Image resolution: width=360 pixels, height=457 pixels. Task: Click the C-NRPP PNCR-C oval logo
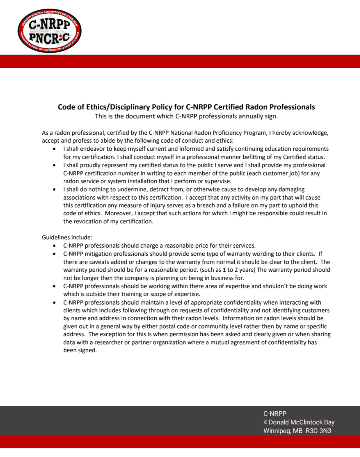[49, 31]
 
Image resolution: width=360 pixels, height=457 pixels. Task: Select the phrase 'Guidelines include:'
[67, 237]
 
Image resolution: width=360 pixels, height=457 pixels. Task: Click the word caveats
[97, 262]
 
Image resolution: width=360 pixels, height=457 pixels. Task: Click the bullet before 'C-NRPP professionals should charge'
[54, 246]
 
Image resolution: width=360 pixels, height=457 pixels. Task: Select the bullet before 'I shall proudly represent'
[54, 165]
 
